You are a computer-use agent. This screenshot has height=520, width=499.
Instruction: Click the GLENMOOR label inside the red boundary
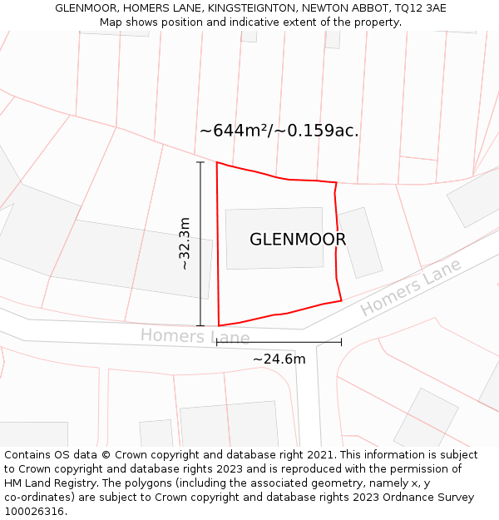(x=298, y=240)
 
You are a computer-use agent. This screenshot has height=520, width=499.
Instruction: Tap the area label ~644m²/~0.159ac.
(x=279, y=131)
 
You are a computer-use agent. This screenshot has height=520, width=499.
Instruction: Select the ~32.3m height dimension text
(x=185, y=243)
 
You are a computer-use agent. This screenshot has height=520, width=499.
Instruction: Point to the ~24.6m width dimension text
(x=279, y=359)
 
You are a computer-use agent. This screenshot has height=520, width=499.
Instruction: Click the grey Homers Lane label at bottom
(x=195, y=336)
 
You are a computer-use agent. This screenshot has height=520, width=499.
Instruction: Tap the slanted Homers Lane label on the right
(x=411, y=287)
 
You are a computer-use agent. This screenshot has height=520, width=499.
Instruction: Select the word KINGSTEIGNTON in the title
(x=253, y=8)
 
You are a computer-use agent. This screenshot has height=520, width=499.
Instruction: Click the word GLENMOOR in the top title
(x=87, y=8)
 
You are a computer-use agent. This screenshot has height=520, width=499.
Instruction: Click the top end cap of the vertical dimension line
(x=200, y=162)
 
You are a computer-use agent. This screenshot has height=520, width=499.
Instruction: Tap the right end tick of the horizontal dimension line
(x=341, y=341)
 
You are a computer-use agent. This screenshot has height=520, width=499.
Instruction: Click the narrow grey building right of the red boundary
(x=360, y=242)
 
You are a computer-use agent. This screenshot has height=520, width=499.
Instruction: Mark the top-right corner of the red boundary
(x=336, y=182)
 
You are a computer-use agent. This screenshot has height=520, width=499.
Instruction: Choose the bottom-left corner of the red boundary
(x=219, y=326)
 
